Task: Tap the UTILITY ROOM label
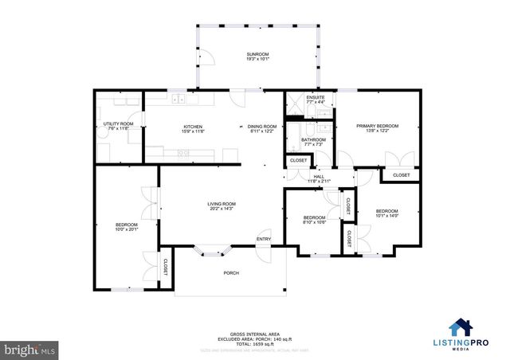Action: point(113,124)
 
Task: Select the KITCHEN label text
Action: point(193,127)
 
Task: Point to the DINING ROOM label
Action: point(261,127)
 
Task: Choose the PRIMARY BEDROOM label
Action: point(377,127)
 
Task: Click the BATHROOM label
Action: point(313,140)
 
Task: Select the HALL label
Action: point(319,177)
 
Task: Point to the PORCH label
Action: point(231,272)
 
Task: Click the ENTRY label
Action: point(264,239)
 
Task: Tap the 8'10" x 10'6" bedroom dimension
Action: point(314,223)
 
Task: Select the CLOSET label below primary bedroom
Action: point(401,175)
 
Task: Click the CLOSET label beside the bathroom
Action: point(298,161)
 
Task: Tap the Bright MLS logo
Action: point(29,349)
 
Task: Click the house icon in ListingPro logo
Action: point(461,327)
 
